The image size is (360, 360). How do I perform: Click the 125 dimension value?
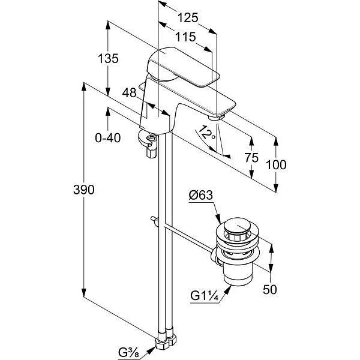click(188, 17)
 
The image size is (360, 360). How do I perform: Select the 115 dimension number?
click(185, 37)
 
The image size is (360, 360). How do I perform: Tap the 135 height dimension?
click(108, 58)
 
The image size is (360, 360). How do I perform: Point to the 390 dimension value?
click(84, 190)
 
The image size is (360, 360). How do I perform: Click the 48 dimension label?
click(129, 93)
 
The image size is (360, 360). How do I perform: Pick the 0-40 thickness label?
click(108, 138)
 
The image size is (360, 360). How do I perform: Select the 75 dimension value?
click(251, 157)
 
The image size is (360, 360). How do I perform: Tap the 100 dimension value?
click(276, 164)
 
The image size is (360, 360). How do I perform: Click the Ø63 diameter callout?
click(201, 196)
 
